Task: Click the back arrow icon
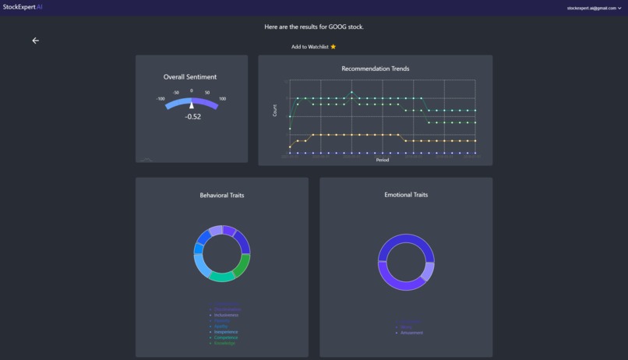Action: coord(35,41)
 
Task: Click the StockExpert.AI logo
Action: coord(23,7)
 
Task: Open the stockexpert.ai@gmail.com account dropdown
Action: coord(594,8)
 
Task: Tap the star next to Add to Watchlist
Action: coord(333,47)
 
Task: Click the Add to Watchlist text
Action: coord(309,47)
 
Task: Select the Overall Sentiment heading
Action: coord(190,77)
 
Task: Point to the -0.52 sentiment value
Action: coord(192,117)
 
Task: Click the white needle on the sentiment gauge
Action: coord(192,105)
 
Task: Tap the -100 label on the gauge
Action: coord(161,99)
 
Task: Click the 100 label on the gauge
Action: coord(222,99)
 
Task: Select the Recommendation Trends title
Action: coord(375,69)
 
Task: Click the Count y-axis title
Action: coord(275,111)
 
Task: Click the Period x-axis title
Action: coord(383,160)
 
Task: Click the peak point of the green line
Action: coord(351,92)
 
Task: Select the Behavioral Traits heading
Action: coord(221,195)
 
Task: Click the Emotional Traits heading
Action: coord(405,195)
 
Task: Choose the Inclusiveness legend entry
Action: coord(228,316)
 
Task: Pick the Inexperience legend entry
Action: coord(226,332)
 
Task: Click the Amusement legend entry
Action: coord(411,333)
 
